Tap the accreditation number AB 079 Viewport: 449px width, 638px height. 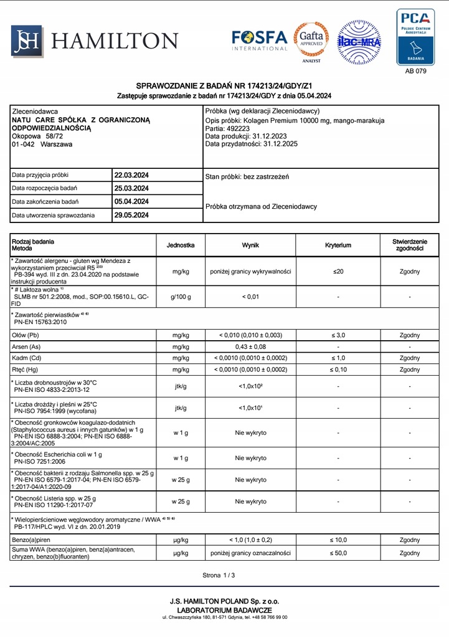click(x=415, y=71)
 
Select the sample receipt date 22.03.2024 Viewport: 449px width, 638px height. click(x=131, y=175)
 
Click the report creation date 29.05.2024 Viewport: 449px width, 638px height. click(x=131, y=215)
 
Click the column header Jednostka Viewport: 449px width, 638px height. click(x=181, y=245)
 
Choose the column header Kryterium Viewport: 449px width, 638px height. click(x=338, y=245)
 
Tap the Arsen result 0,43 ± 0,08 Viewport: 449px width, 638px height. click(x=250, y=346)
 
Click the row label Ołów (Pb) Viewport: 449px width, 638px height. click(x=26, y=335)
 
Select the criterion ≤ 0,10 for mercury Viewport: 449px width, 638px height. click(x=338, y=369)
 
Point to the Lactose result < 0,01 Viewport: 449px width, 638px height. click(x=250, y=297)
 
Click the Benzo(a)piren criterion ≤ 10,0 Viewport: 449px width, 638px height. click(x=338, y=540)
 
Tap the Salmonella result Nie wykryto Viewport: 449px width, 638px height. click(x=250, y=480)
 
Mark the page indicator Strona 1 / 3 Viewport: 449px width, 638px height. click(x=219, y=575)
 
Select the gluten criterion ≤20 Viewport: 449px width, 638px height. click(x=338, y=271)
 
